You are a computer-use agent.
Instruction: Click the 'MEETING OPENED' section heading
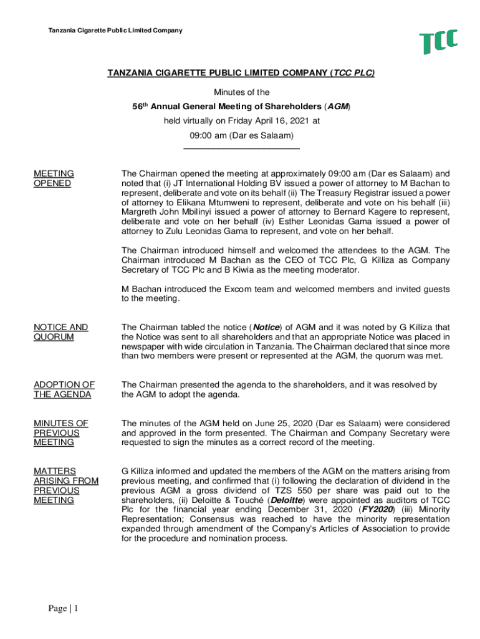tap(54, 178)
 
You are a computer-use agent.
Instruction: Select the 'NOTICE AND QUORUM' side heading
tap(60, 332)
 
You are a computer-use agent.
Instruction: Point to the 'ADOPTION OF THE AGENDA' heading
tap(64, 389)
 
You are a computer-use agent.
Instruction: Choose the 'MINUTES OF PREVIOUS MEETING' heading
tap(60, 432)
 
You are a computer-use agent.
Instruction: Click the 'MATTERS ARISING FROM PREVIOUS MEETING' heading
tap(65, 485)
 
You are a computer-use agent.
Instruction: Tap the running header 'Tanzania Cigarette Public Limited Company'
tap(115, 30)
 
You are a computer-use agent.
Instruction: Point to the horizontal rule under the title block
tap(241, 149)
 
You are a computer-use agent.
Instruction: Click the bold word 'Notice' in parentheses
tap(266, 327)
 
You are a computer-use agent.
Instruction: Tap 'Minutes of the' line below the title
tap(241, 92)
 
